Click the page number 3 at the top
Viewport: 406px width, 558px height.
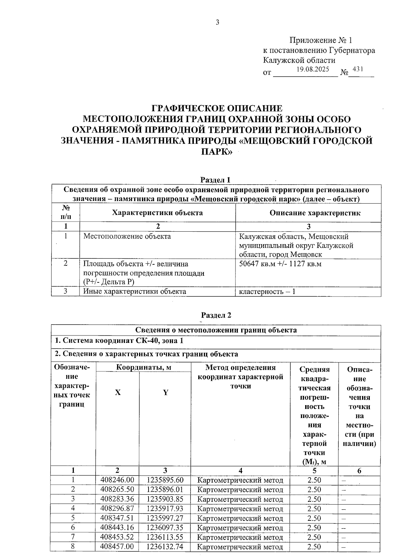tap(217, 22)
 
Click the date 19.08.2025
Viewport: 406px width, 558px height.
tap(313, 70)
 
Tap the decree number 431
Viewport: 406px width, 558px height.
tap(358, 69)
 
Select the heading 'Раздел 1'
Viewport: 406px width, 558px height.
tap(216, 180)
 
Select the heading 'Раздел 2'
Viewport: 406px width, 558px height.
tap(216, 315)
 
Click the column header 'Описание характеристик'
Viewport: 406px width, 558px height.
tap(315, 213)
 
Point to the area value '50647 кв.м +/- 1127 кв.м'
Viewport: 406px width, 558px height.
tap(280, 264)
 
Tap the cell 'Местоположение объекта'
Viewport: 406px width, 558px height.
tap(127, 236)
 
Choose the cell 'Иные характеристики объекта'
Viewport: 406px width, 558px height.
tap(135, 291)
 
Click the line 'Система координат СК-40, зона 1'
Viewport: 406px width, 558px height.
tap(119, 341)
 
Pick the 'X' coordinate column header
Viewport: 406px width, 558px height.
tap(117, 393)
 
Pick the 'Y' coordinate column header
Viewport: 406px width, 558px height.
tap(165, 393)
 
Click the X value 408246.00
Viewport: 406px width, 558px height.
tap(117, 480)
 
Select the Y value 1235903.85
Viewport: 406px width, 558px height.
tap(165, 499)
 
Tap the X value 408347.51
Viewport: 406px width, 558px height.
tap(117, 518)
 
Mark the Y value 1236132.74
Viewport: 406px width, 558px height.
tap(165, 547)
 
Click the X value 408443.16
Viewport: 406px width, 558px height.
tap(117, 528)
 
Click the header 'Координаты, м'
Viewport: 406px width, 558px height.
tap(143, 367)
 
